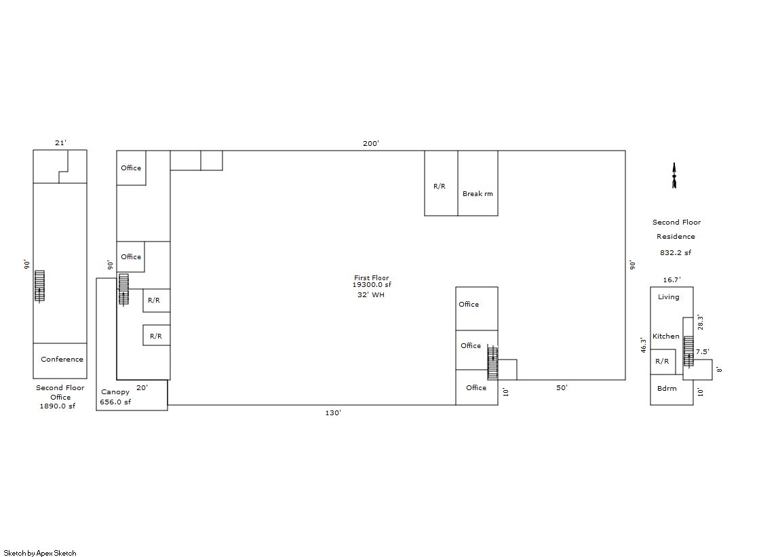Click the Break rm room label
(478, 194)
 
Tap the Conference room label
(62, 359)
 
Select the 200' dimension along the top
(371, 143)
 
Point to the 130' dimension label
(333, 412)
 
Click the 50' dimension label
(562, 387)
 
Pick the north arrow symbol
(674, 175)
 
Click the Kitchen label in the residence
(665, 336)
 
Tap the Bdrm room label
(667, 389)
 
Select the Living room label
(669, 297)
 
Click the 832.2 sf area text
(676, 252)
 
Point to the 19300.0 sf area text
(372, 285)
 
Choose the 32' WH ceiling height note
(371, 294)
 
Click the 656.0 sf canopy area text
(115, 402)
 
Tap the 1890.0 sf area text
(57, 406)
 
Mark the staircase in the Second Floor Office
(40, 286)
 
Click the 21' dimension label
(60, 142)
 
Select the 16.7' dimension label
(672, 280)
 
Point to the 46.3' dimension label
(643, 345)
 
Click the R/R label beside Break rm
(440, 186)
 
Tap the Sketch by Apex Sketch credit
(40, 553)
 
